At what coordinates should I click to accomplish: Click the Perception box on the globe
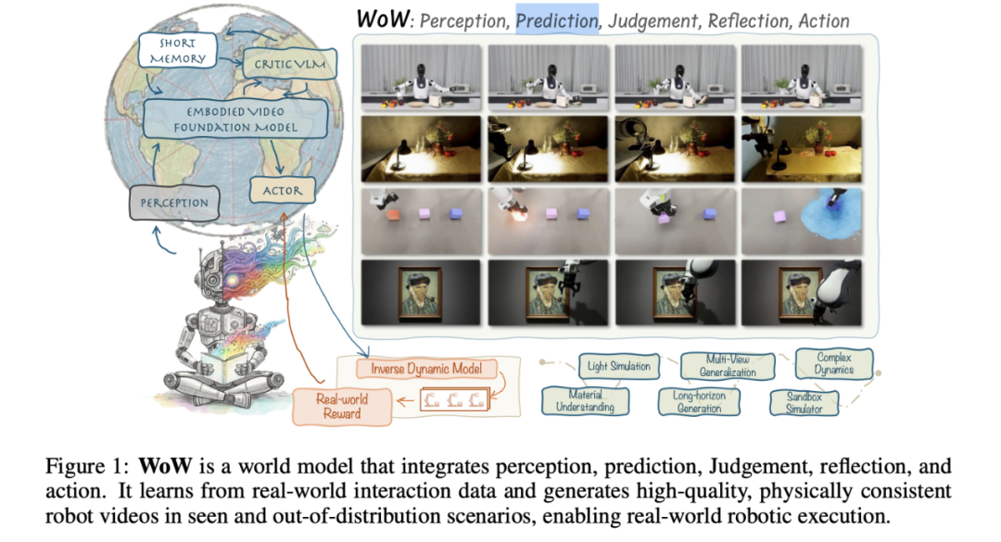174,203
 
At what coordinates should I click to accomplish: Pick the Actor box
282,192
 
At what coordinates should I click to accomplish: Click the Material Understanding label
586,401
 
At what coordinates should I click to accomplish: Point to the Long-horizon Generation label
699,401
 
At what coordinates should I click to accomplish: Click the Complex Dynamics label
833,363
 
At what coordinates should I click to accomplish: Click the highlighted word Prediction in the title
557,19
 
